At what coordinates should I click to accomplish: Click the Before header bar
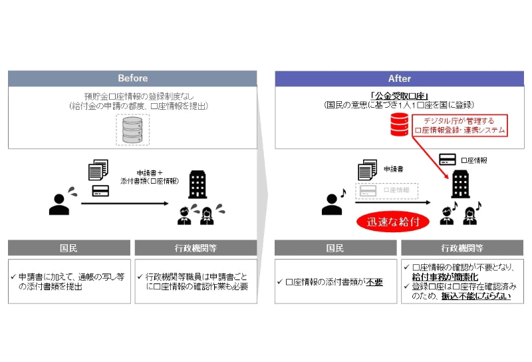click(x=132, y=78)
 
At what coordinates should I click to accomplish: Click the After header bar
click(x=399, y=78)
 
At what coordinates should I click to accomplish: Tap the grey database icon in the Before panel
click(x=132, y=129)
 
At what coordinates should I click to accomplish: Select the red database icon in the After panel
click(x=399, y=124)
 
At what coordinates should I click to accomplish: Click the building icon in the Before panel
click(x=197, y=184)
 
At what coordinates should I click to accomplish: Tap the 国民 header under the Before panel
click(x=68, y=248)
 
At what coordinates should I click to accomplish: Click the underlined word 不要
click(x=374, y=282)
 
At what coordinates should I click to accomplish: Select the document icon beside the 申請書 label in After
click(x=366, y=170)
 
